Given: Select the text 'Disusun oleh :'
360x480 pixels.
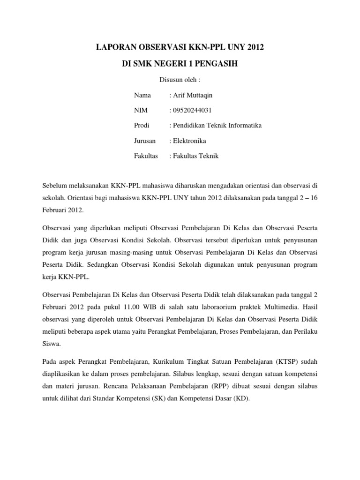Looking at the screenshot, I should pyautogui.click(x=177, y=80).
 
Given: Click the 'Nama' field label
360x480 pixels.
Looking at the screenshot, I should pyautogui.click(x=142, y=95).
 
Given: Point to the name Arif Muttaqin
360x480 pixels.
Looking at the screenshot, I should pyautogui.click(x=192, y=95).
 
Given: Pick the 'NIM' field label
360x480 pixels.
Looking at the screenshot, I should pyautogui.click(x=141, y=111).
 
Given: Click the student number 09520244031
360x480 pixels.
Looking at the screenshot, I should pyautogui.click(x=194, y=111).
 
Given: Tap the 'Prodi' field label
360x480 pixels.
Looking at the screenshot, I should pyautogui.click(x=142, y=126).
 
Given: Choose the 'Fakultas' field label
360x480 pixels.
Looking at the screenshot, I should pyautogui.click(x=146, y=156).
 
